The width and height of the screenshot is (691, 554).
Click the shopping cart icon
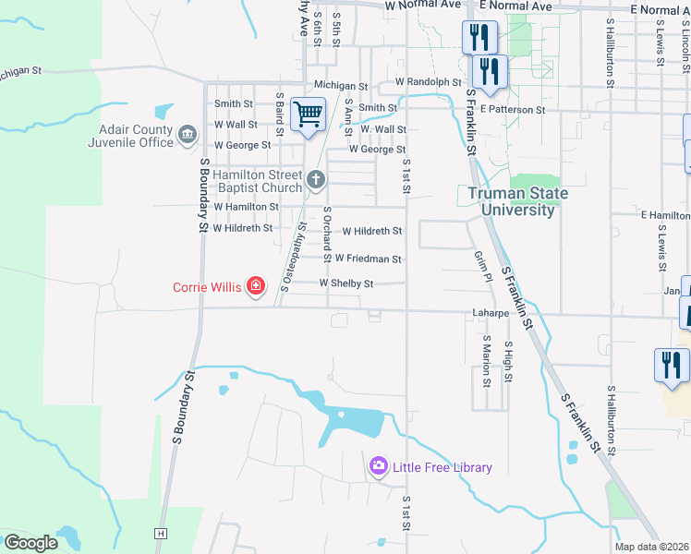click(308, 115)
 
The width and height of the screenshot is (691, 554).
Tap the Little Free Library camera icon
click(378, 467)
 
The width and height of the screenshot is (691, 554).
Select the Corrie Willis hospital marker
click(255, 287)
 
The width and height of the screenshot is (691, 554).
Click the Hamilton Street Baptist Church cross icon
click(316, 180)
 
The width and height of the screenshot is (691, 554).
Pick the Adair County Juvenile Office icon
click(188, 137)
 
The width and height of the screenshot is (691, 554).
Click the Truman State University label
click(516, 201)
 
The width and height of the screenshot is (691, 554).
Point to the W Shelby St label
click(346, 283)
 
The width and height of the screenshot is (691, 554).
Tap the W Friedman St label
click(368, 259)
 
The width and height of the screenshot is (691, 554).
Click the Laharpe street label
click(491, 312)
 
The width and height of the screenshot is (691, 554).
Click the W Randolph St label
click(428, 82)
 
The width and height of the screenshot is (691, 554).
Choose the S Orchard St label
click(327, 233)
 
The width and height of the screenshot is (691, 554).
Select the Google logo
click(30, 542)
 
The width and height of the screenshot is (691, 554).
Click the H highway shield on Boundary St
click(161, 533)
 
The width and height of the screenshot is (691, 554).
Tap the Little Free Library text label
click(442, 467)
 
